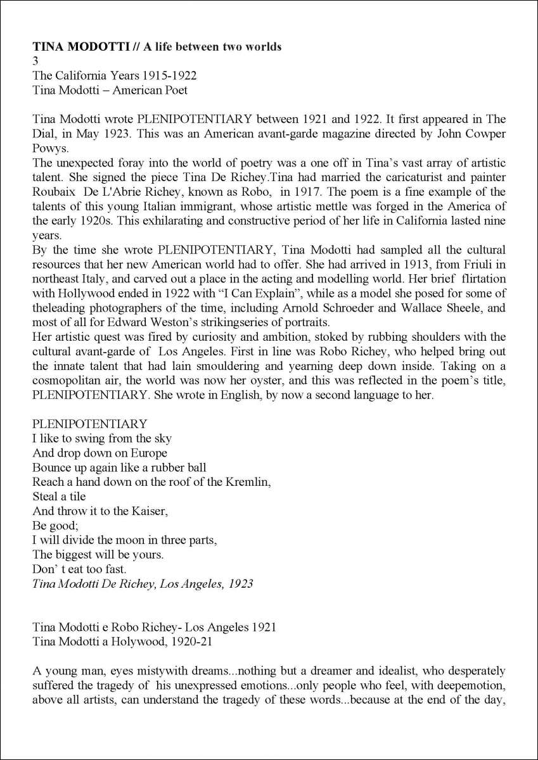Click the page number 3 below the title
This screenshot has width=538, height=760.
click(x=35, y=61)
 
